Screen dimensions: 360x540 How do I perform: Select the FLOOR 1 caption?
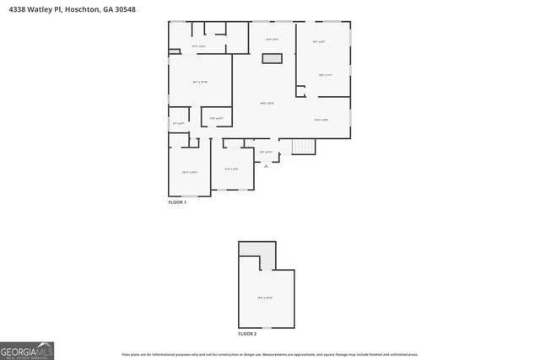click(x=177, y=202)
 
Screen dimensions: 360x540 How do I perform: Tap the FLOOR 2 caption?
click(x=247, y=334)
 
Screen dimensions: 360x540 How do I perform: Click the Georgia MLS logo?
click(x=27, y=351)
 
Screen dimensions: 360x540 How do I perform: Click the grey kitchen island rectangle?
click(x=272, y=58)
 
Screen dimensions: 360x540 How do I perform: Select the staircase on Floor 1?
click(x=303, y=148)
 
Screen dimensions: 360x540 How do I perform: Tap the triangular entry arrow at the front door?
click(x=267, y=166)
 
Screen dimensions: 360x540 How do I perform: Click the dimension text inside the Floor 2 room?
click(x=265, y=297)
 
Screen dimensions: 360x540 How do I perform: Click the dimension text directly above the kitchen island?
click(x=272, y=40)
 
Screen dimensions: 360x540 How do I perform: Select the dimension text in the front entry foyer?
click(x=266, y=153)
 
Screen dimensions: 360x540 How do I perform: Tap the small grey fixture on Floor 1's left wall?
click(x=173, y=52)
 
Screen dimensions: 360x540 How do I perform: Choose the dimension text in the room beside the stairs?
click(x=321, y=120)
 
